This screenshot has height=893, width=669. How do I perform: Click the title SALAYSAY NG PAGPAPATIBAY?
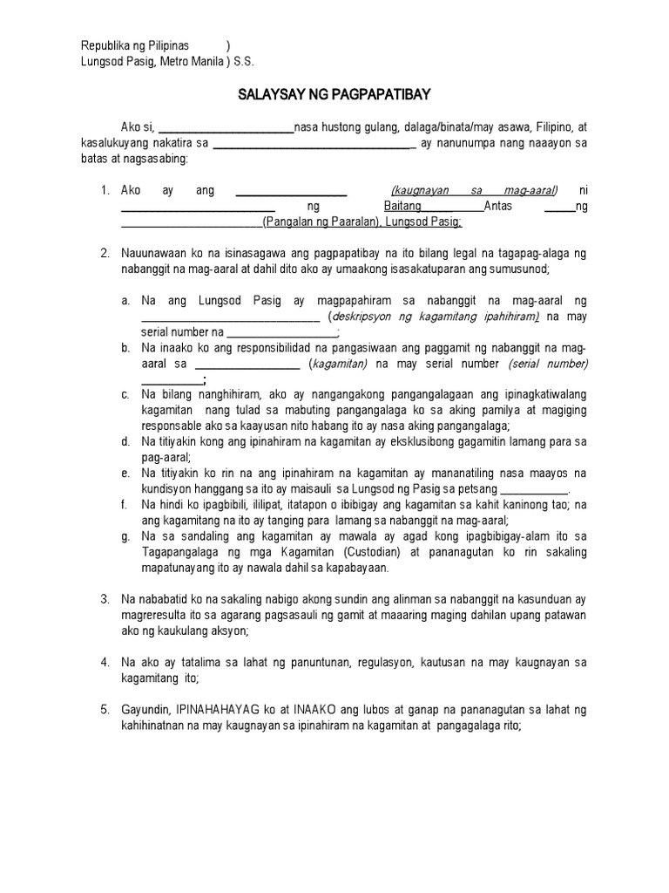pos(334,94)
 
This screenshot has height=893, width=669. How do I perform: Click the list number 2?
pos(104,253)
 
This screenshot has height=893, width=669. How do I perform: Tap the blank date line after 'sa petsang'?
pos(534,489)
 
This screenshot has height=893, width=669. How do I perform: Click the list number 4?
pos(104,662)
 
